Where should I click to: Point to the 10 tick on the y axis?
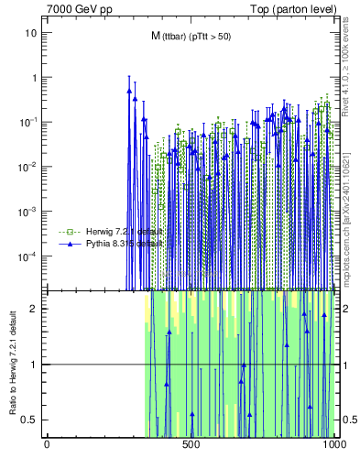point(31,32)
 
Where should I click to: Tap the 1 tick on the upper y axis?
point(34,77)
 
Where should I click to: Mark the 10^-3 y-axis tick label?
point(28,211)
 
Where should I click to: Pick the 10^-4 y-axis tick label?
point(28,256)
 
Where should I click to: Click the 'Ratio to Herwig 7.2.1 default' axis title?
point(11,365)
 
